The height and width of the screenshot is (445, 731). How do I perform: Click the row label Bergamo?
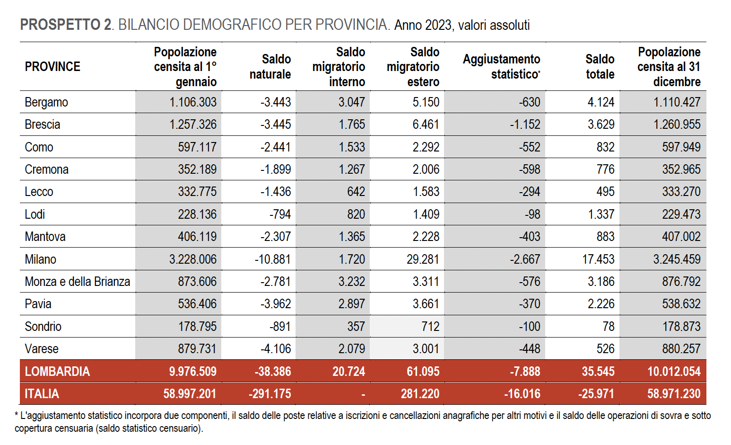[x=46, y=103]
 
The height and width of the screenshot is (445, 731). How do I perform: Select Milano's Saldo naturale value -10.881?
[x=272, y=259]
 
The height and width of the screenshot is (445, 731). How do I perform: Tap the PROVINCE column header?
[x=52, y=67]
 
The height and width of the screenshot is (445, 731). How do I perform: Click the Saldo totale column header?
[x=600, y=67]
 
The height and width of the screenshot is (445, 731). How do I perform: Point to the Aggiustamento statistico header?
[x=502, y=67]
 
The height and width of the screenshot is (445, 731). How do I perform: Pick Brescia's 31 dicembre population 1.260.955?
[x=677, y=125]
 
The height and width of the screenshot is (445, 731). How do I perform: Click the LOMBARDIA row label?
[x=57, y=372]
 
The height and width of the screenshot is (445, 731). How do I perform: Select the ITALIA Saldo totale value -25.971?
[x=596, y=394]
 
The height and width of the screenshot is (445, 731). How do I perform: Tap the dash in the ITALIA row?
[x=363, y=395]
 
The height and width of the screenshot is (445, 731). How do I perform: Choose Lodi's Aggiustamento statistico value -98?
[x=532, y=214]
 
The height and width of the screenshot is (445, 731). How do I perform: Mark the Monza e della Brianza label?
[x=78, y=282]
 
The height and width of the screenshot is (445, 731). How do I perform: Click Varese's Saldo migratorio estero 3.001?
[x=426, y=348]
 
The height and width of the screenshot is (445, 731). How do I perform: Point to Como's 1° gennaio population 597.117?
[x=197, y=147]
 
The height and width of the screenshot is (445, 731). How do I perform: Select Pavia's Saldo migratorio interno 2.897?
[x=351, y=304]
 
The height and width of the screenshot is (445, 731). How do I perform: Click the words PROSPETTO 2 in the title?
[x=66, y=25]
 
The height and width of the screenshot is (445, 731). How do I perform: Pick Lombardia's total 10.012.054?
[x=674, y=372]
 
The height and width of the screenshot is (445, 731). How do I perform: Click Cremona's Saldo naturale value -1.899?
[x=276, y=169]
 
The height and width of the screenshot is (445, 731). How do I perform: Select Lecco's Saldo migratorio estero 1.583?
[x=426, y=192]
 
